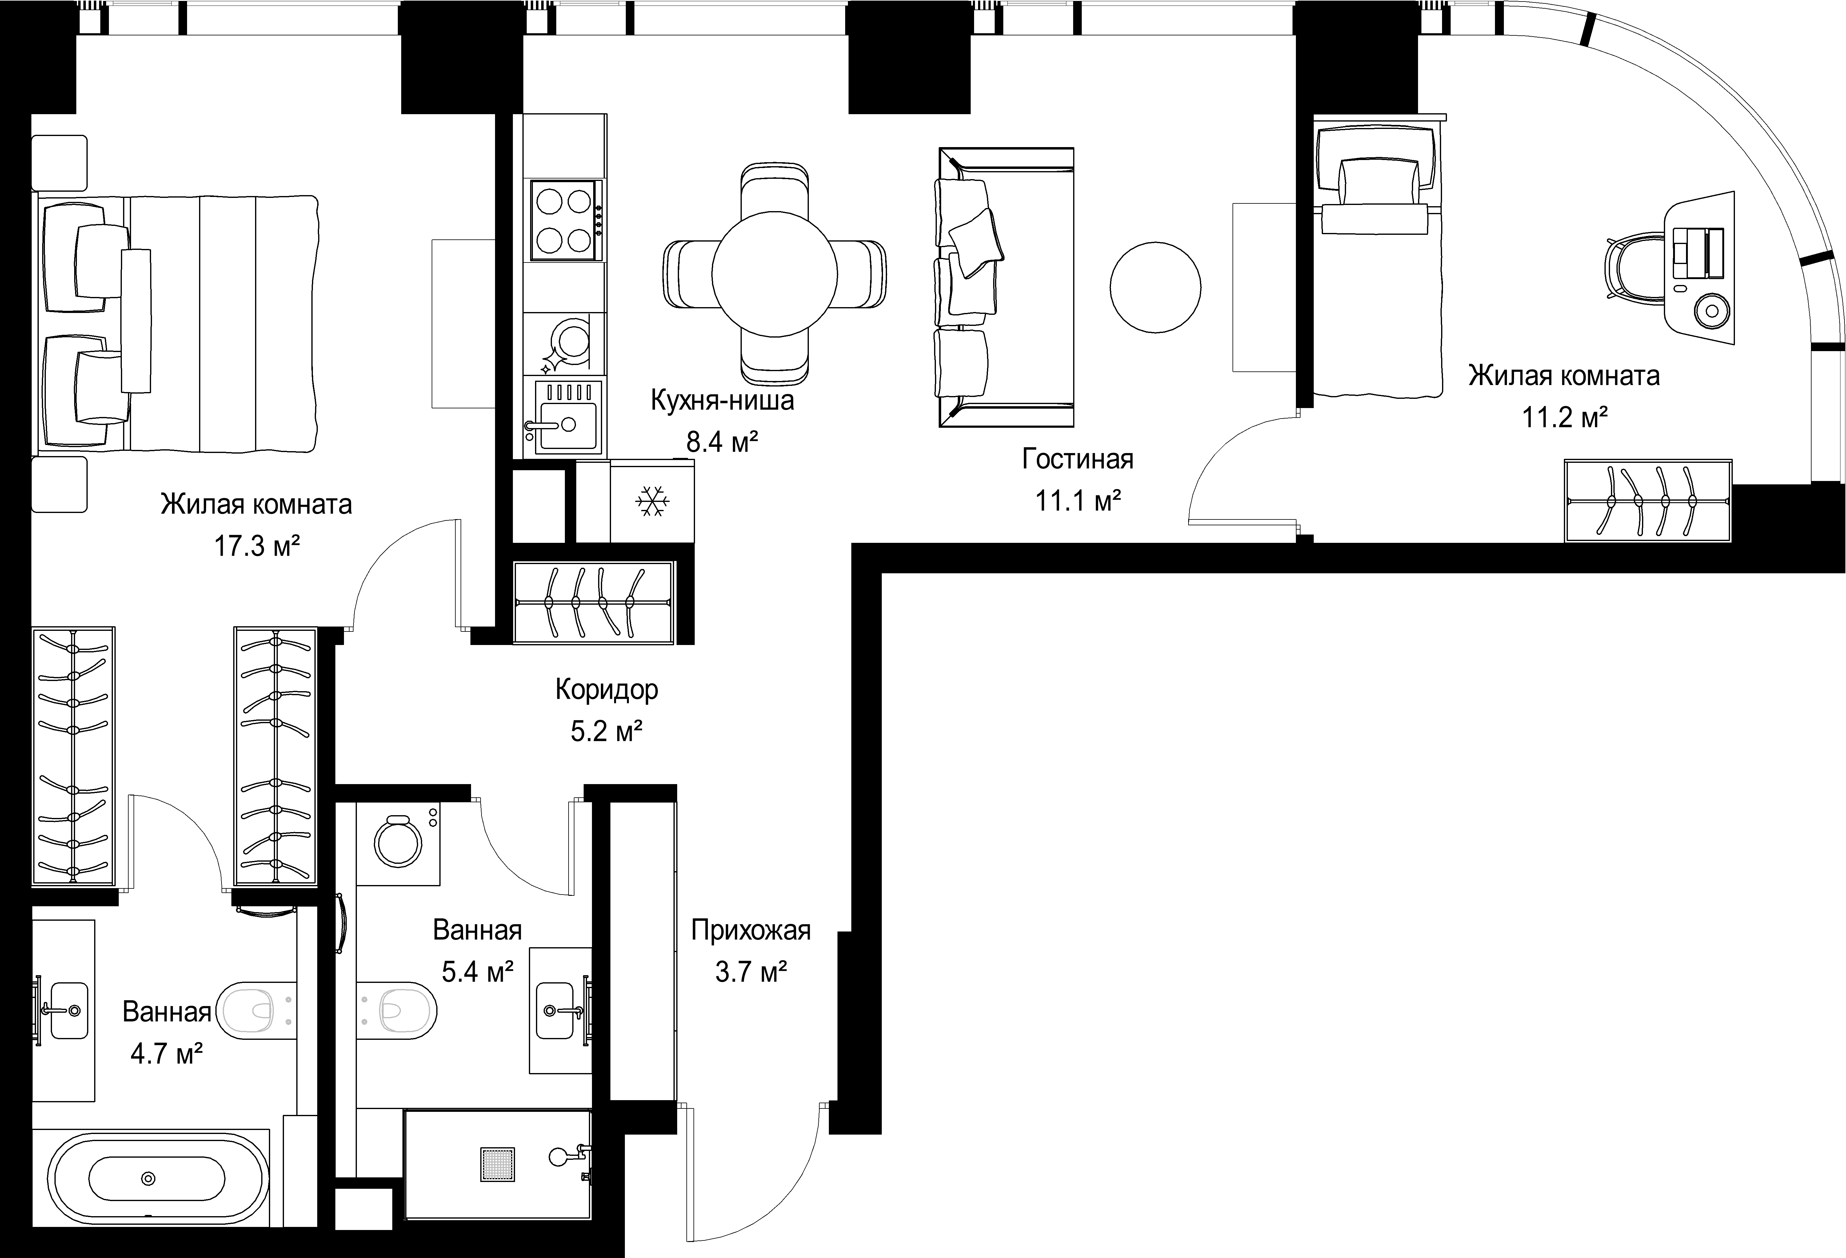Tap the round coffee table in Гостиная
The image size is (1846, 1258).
coord(1155,287)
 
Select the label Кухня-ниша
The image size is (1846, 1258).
coord(722,400)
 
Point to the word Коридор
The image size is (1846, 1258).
coord(607,690)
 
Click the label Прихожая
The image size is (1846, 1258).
coord(751,930)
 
